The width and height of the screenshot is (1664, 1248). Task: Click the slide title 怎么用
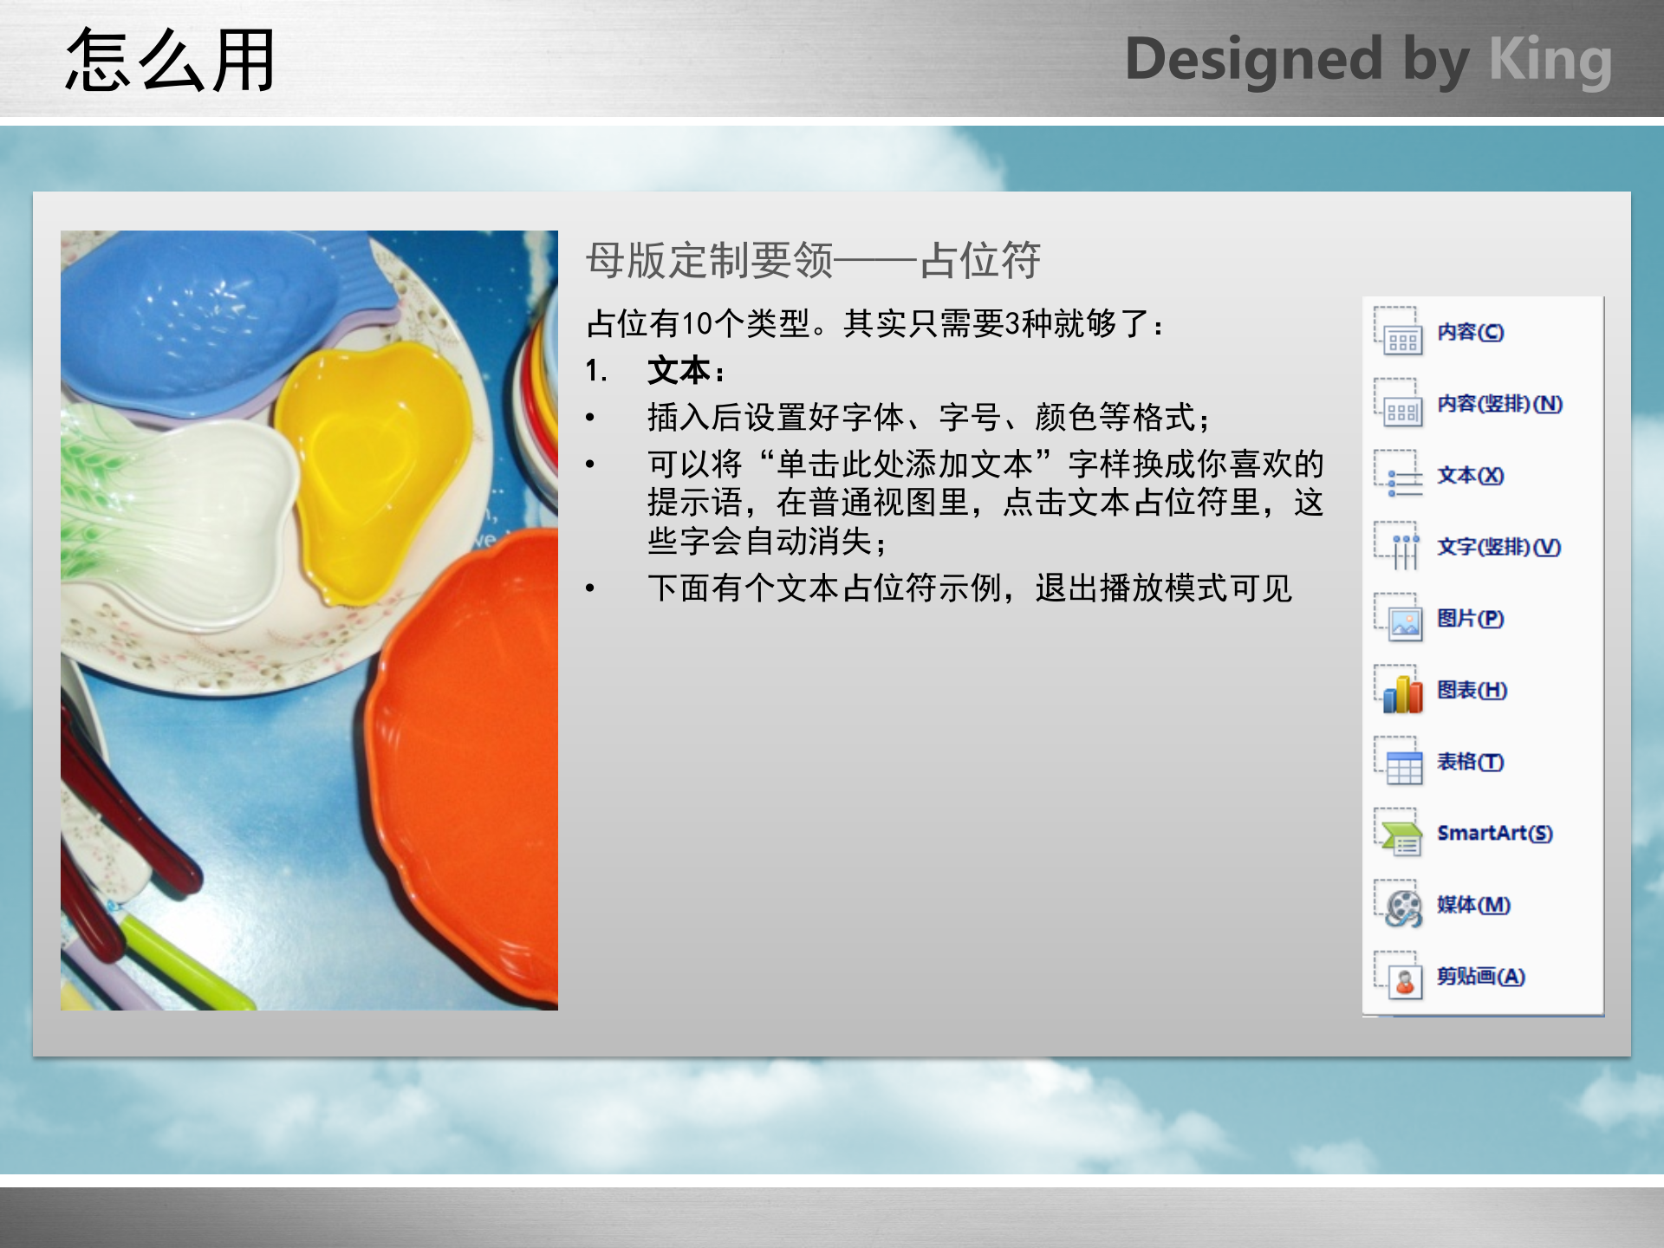click(x=171, y=61)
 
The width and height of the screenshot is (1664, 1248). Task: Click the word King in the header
click(x=1550, y=61)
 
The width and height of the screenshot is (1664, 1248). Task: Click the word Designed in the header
click(x=1253, y=61)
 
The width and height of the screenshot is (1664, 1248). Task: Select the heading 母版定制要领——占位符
click(x=813, y=260)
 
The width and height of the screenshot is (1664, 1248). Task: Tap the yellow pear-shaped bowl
click(x=373, y=468)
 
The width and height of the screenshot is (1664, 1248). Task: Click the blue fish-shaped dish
click(x=199, y=321)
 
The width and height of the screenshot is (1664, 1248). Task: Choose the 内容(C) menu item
click(x=1470, y=333)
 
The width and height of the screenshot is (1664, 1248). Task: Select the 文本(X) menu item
click(x=1470, y=476)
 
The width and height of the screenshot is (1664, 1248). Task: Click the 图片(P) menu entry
click(x=1470, y=619)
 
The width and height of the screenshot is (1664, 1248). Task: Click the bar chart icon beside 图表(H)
click(x=1401, y=692)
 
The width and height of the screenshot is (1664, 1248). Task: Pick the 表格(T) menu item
click(x=1470, y=762)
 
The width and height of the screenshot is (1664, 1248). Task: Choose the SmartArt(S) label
click(x=1494, y=833)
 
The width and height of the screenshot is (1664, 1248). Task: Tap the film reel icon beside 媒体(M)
click(x=1401, y=907)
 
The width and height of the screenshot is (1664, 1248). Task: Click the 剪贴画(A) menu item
click(x=1480, y=977)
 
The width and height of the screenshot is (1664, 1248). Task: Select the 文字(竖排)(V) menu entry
click(x=1498, y=548)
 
